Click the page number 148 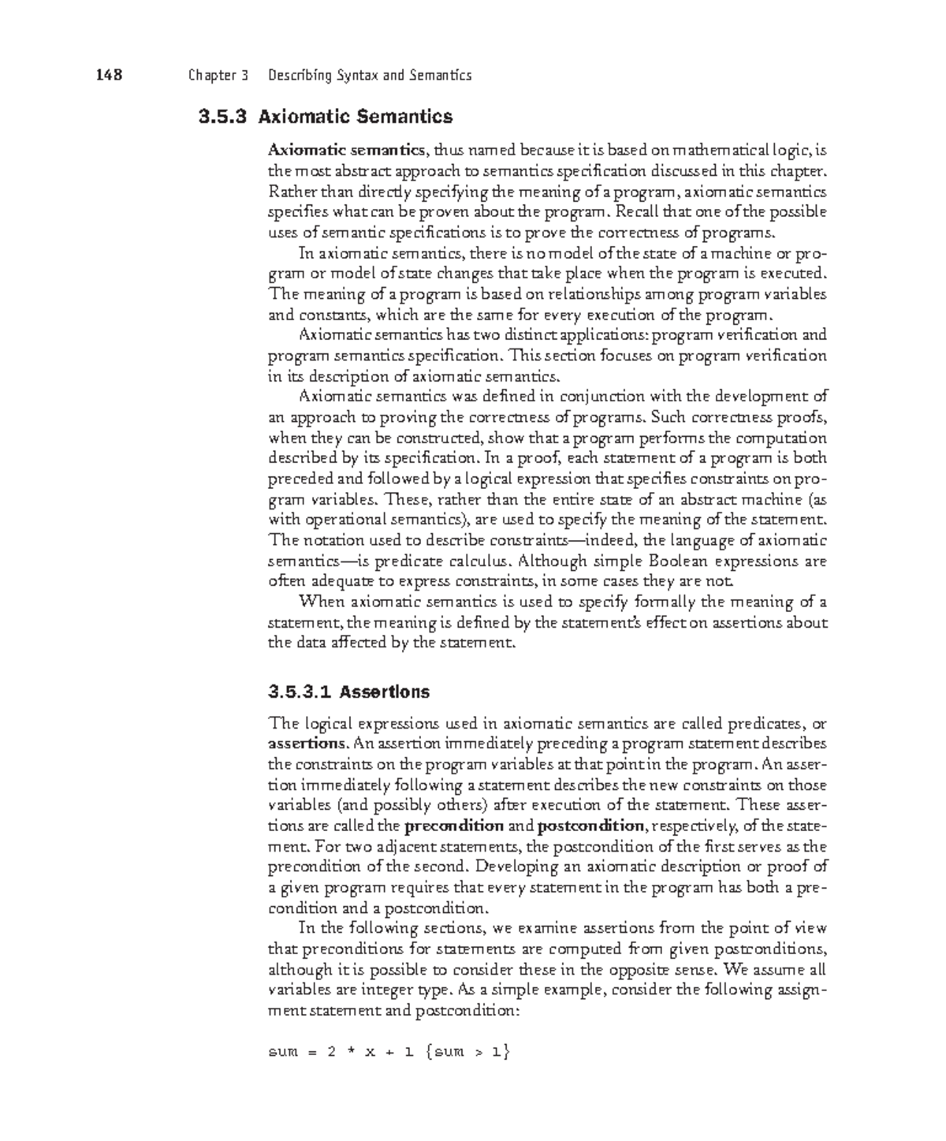tap(109, 76)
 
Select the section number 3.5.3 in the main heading tap(222, 117)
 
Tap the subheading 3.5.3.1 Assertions tap(348, 692)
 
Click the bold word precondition tap(453, 826)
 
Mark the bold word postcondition tap(590, 826)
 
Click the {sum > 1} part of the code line tap(467, 1052)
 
